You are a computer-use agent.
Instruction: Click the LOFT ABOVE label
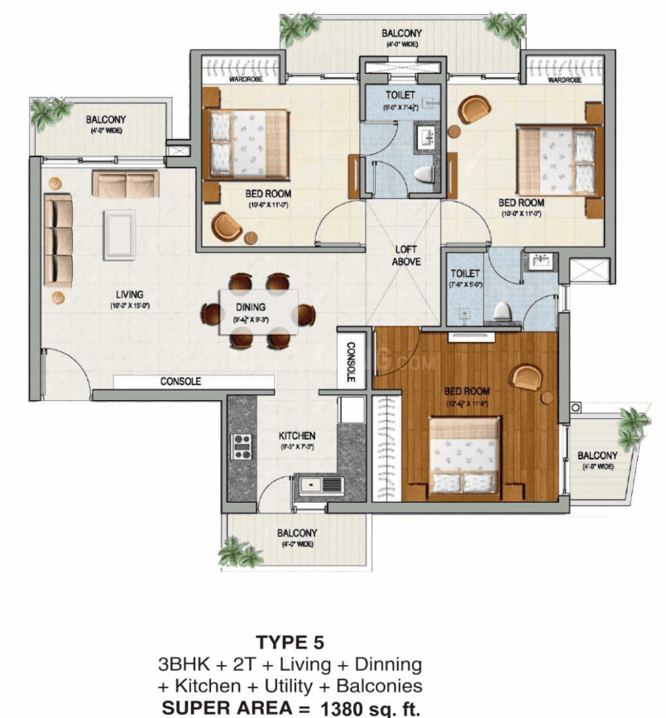(406, 255)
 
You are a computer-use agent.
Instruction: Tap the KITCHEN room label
(296, 436)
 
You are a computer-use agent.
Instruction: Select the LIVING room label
(130, 294)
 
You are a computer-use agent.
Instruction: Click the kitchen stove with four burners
(242, 446)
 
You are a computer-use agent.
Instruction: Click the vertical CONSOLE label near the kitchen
(351, 363)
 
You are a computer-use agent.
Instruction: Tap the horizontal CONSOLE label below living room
(181, 382)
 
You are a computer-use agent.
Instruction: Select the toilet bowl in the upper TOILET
(424, 175)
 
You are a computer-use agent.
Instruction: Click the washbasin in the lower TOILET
(543, 263)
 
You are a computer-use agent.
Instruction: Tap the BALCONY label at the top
(402, 34)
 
